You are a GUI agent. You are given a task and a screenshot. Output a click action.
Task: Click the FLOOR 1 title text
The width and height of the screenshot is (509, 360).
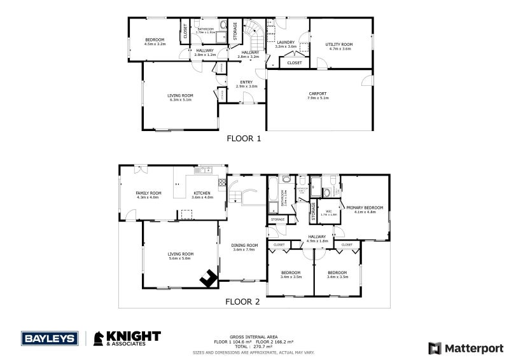pyautogui.click(x=244, y=137)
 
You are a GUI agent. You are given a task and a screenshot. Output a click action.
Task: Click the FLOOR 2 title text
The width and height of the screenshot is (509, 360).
pyautogui.click(x=244, y=302)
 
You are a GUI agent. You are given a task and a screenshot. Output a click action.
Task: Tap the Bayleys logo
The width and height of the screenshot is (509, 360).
pyautogui.click(x=49, y=338)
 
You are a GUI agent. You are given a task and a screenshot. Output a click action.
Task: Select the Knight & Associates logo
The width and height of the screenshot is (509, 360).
pyautogui.click(x=127, y=338)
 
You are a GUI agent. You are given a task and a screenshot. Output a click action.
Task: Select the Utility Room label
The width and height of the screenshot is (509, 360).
pyautogui.click(x=338, y=46)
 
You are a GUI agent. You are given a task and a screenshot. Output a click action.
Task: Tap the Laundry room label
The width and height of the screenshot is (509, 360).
pyautogui.click(x=286, y=44)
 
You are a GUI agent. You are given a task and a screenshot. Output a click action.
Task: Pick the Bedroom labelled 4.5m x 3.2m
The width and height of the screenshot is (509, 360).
pyautogui.click(x=155, y=41)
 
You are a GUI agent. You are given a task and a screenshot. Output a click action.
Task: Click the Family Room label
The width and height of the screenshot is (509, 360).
pyautogui.click(x=148, y=195)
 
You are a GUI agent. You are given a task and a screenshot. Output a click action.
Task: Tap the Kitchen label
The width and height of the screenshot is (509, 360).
pyautogui.click(x=202, y=195)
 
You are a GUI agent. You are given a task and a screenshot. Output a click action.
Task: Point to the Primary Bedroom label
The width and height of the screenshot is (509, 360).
pyautogui.click(x=365, y=209)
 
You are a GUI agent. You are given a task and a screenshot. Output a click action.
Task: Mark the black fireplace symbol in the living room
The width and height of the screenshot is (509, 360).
pyautogui.click(x=207, y=277)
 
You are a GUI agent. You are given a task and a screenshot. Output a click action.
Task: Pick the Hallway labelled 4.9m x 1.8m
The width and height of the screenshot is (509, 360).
pyautogui.click(x=316, y=238)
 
